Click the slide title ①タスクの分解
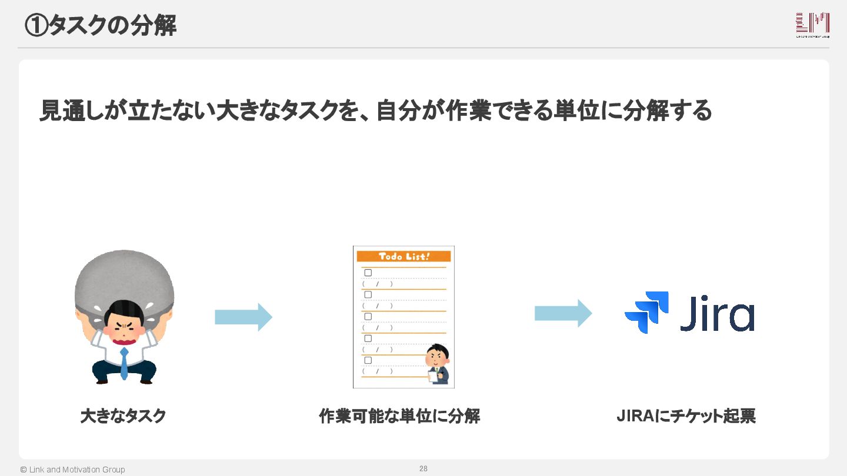[101, 25]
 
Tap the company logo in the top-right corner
[812, 25]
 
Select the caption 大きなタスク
[124, 416]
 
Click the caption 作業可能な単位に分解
[399, 416]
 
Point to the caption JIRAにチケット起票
[686, 416]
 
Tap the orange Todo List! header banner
[404, 256]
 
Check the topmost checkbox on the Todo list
[368, 273]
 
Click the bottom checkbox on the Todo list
[368, 360]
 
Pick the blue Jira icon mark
[646, 312]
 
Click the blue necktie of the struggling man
[124, 362]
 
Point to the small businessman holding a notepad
[438, 364]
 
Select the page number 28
[423, 468]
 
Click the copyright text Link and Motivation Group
[72, 470]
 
